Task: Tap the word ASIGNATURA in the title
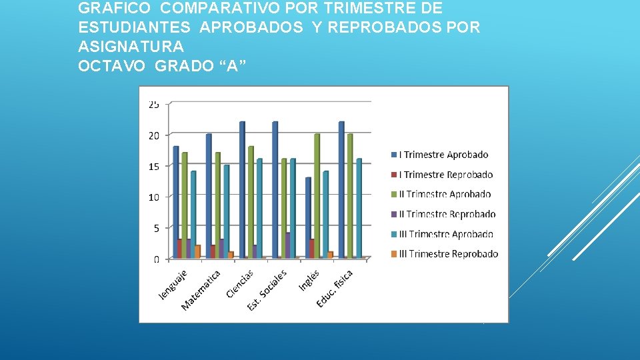click(x=131, y=47)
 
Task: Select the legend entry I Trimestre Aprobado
click(x=443, y=155)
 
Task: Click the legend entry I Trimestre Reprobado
click(x=445, y=175)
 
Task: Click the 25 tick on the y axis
click(x=153, y=105)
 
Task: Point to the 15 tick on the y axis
click(x=153, y=167)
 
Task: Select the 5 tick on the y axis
click(x=155, y=228)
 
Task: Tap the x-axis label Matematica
click(x=201, y=289)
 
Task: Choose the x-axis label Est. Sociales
click(x=267, y=289)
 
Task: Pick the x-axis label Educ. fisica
click(x=335, y=288)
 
